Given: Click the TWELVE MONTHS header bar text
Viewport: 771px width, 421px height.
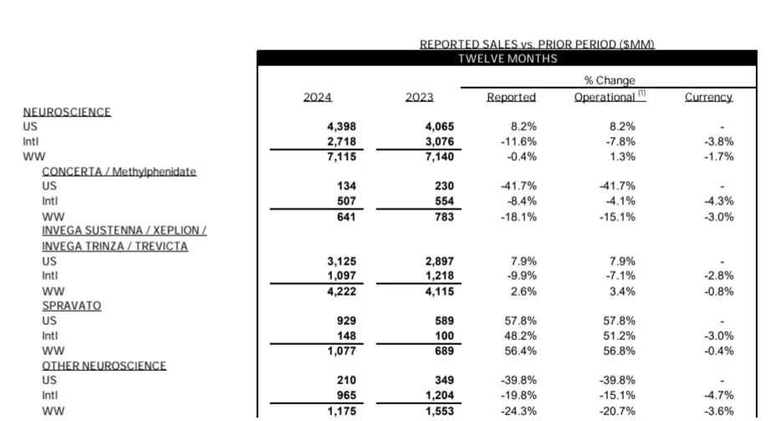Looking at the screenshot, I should [x=508, y=58].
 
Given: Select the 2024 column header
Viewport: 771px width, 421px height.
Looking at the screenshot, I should [x=318, y=97].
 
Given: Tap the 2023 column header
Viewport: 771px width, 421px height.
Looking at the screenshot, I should [x=419, y=97].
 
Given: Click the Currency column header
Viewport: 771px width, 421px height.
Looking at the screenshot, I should [x=708, y=97].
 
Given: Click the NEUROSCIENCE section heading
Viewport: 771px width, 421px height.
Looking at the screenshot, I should [x=67, y=112].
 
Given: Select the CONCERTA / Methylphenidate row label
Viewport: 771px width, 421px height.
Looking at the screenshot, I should [x=119, y=171].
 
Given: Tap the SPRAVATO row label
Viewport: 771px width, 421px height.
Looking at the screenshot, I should [x=71, y=306].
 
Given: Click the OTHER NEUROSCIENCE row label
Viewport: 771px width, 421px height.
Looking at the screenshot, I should [x=104, y=366].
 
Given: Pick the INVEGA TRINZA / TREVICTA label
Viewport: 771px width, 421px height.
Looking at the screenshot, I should [x=115, y=246].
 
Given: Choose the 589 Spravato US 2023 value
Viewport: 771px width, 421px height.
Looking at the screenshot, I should [x=444, y=321].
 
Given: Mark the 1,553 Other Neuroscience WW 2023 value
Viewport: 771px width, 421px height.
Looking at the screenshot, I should [x=439, y=411].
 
